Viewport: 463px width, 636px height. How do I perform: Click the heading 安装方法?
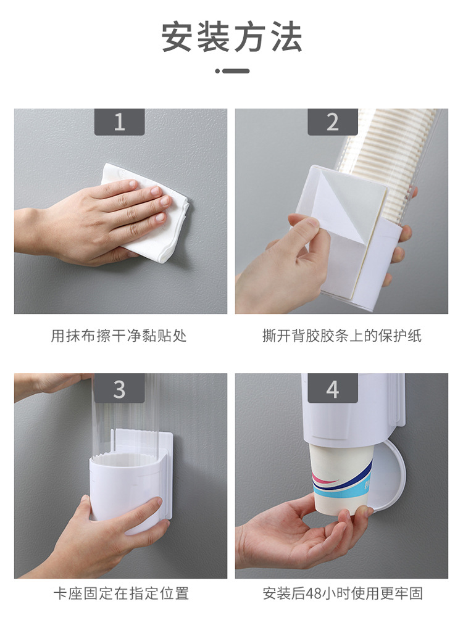click(x=231, y=37)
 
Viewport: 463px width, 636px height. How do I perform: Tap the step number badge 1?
click(x=119, y=122)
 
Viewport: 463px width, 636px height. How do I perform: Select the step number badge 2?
click(x=332, y=122)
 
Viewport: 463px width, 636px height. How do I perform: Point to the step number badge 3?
click(x=119, y=388)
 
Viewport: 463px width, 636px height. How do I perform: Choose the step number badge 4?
click(x=332, y=388)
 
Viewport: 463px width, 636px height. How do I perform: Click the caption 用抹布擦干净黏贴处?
click(x=119, y=336)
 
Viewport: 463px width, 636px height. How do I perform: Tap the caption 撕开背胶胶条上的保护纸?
click(x=341, y=336)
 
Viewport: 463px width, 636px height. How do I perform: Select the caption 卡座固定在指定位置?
click(x=121, y=593)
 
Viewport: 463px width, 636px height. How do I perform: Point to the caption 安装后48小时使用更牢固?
click(x=343, y=593)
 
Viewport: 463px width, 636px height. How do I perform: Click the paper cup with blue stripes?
click(x=340, y=479)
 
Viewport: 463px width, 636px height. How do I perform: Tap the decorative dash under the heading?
click(x=232, y=71)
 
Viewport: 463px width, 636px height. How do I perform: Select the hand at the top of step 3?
click(x=52, y=384)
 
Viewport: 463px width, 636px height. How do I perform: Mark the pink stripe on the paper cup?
click(x=325, y=481)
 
